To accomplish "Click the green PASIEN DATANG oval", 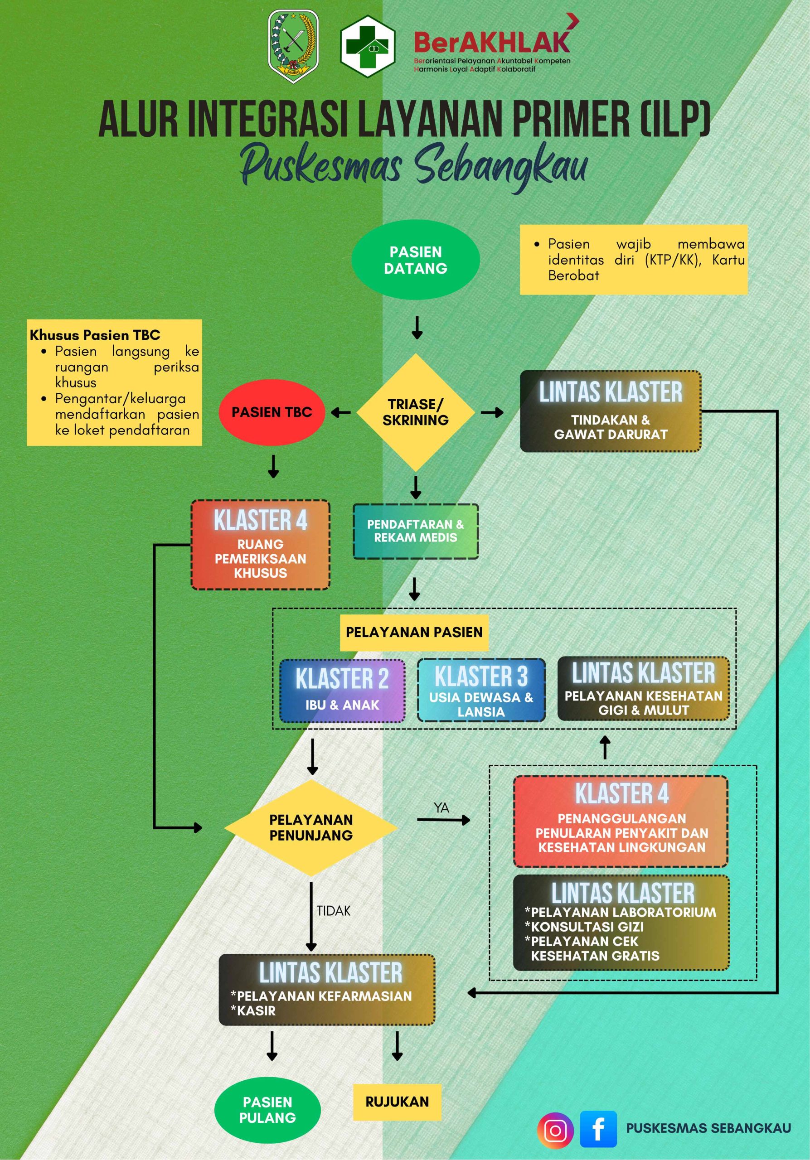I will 415,260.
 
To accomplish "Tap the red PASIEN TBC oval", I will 272,412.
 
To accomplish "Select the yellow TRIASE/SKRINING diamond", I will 415,412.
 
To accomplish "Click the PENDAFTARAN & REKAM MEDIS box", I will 415,531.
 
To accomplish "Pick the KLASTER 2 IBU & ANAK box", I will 342,691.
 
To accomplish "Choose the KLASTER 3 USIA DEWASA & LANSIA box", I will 481,690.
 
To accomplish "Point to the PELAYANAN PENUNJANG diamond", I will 311,827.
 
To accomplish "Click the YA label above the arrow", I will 441,808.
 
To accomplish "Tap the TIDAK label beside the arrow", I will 334,910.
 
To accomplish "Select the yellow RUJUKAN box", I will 397,1102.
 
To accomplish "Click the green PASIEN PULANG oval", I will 267,1110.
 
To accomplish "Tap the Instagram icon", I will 555,1130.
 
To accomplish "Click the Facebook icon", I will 598,1129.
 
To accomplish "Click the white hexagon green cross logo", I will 367,46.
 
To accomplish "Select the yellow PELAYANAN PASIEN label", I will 414,632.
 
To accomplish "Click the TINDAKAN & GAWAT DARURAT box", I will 611,411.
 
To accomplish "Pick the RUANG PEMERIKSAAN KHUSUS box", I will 260,545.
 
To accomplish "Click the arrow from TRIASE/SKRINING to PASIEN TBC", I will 341,413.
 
